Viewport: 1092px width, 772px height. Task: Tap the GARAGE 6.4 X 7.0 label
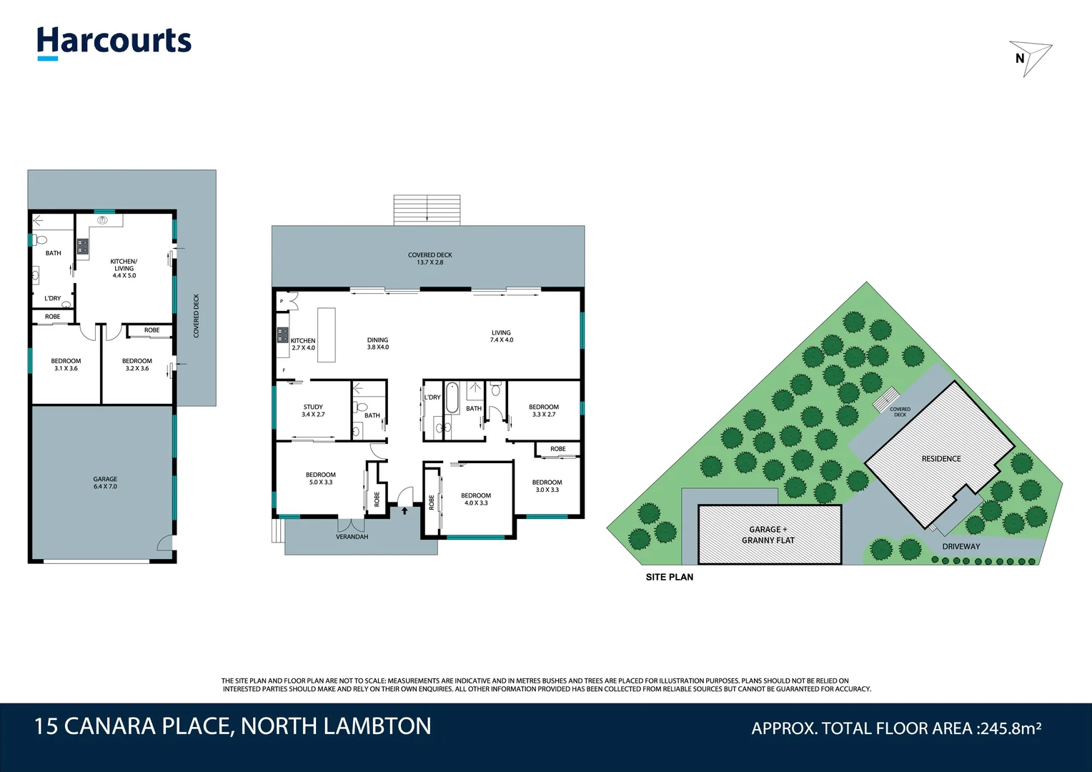click(105, 483)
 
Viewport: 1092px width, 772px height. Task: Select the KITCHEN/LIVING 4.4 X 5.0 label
click(124, 268)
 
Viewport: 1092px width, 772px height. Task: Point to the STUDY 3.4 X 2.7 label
click(313, 410)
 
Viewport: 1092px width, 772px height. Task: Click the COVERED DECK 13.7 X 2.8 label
click(430, 259)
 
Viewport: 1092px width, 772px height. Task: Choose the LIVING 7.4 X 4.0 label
click(501, 336)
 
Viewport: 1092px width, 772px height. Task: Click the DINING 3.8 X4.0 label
click(377, 344)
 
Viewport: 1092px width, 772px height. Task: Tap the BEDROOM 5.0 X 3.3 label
click(320, 478)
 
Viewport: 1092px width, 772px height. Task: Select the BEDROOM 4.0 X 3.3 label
click(476, 499)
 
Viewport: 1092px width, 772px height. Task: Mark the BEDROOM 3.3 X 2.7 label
click(544, 410)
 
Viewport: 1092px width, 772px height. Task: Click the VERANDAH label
click(352, 537)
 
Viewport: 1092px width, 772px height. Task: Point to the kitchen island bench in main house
click(326, 335)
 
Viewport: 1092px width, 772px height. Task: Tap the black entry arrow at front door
click(404, 510)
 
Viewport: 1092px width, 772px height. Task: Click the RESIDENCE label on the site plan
click(940, 459)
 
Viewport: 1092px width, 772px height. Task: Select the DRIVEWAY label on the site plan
click(961, 547)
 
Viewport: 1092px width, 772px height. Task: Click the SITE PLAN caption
click(669, 577)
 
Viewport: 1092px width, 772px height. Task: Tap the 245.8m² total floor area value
click(1010, 728)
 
